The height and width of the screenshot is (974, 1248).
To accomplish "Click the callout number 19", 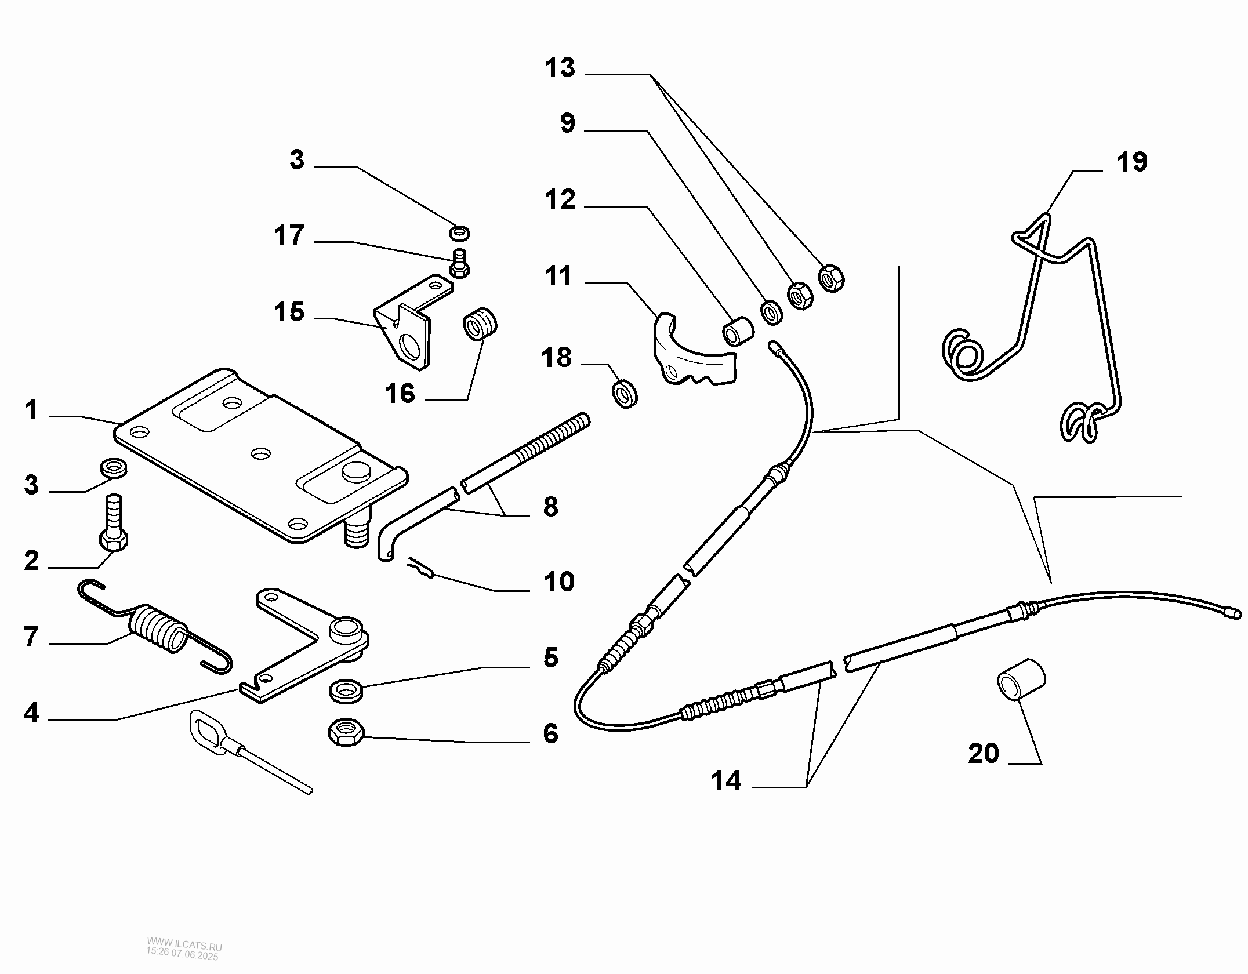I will coord(1131,162).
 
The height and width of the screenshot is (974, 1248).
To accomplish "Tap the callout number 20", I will coord(984,754).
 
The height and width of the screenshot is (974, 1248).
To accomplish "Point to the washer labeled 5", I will coord(346,690).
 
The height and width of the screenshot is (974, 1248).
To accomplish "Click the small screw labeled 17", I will coord(460,264).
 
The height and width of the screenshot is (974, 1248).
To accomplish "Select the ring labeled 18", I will coord(625,394).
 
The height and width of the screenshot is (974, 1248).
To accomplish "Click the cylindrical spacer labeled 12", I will coord(738,331).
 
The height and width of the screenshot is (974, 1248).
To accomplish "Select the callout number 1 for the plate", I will coord(31,411).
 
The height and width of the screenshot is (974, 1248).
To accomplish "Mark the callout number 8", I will coord(550,507).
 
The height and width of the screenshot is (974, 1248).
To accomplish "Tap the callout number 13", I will coord(560,68).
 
